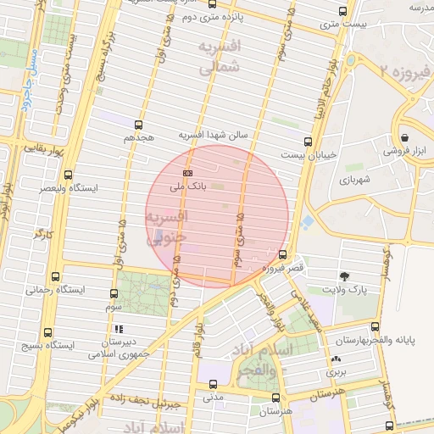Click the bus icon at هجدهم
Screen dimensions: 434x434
coord(138,124)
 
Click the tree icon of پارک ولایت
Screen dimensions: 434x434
coord(344,276)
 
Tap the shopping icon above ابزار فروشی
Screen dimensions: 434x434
coord(405,137)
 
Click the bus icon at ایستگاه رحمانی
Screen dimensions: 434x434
coord(55,277)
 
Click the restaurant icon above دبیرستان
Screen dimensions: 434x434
coord(118,329)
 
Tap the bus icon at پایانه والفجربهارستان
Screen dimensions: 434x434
coord(373,327)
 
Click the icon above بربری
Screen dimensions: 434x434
coord(337,359)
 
